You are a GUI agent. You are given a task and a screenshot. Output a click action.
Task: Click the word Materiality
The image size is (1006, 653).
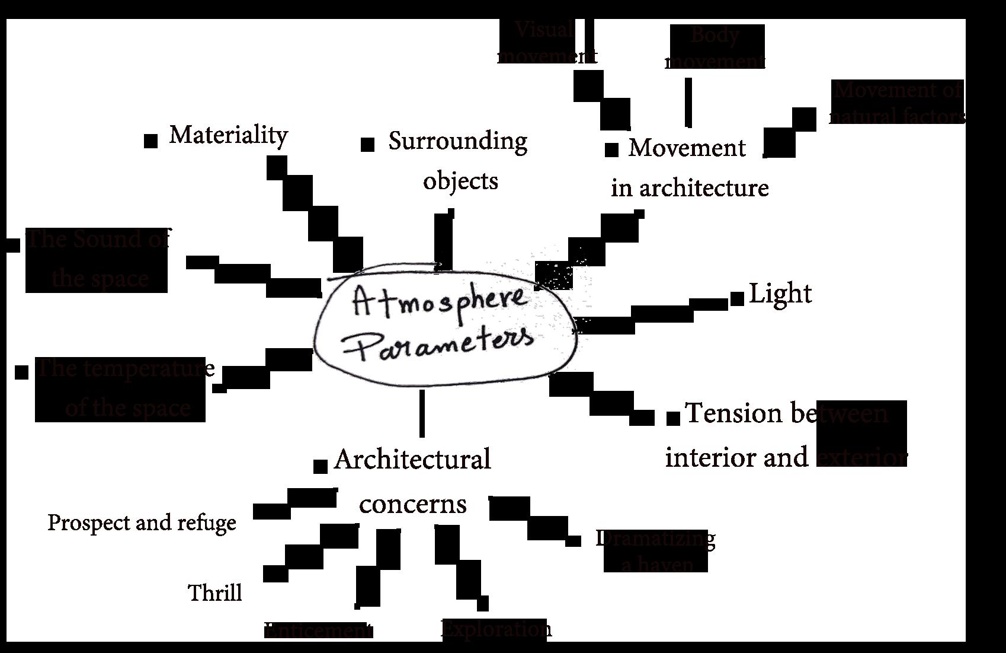[228, 135]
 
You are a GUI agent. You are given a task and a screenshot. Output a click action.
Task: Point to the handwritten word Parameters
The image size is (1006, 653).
[445, 343]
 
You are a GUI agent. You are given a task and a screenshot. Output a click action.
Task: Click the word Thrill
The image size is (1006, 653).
[215, 593]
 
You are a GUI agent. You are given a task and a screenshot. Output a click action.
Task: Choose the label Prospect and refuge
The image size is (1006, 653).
[142, 523]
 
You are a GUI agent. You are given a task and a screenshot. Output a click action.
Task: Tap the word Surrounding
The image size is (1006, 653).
[457, 142]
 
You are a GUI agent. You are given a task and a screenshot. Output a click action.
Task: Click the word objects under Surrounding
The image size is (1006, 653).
[460, 181]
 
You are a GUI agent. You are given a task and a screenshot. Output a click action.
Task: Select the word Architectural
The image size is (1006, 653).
[412, 460]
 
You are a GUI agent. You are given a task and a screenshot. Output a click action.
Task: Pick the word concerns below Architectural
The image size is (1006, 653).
[413, 504]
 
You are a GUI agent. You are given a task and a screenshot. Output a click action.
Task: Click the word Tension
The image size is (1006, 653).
[733, 413]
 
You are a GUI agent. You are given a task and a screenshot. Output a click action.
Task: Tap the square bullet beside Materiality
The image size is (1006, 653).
[151, 141]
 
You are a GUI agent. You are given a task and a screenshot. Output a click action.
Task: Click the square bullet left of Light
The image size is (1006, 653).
[737, 298]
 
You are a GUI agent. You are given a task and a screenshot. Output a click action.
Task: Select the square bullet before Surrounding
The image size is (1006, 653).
[368, 144]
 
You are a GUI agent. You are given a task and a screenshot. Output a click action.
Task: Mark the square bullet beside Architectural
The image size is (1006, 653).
[320, 466]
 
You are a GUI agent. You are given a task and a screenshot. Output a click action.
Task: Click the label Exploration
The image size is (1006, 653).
[496, 629]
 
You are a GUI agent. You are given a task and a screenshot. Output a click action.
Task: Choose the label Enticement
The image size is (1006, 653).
[318, 630]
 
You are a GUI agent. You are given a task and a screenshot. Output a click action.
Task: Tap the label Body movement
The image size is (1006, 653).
[716, 47]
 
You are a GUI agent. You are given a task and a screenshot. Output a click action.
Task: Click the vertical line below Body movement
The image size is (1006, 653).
[688, 102]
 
